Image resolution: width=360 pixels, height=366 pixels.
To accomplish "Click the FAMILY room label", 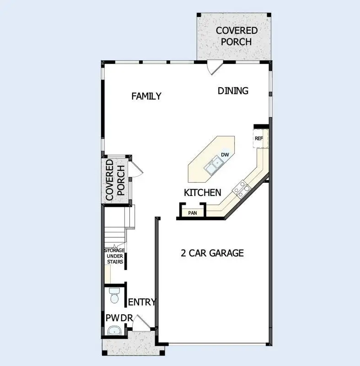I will tap(146, 96).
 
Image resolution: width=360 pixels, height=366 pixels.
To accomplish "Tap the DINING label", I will tap(233, 90).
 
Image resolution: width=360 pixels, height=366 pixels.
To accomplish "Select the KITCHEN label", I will tap(203, 193).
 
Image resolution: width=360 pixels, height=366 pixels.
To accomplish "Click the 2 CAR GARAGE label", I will tap(212, 253).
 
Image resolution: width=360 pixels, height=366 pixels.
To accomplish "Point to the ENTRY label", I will tap(142, 302).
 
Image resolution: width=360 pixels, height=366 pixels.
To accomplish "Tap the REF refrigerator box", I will tap(259, 138).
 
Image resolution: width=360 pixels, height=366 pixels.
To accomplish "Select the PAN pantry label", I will tap(192, 212).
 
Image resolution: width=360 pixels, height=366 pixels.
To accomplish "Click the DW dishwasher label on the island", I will tap(225, 155).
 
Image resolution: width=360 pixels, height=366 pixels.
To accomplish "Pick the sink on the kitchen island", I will tap(213, 166).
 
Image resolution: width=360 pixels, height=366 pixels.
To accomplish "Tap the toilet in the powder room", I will tap(114, 296).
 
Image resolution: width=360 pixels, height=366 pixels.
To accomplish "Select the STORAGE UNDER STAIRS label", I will tap(114, 256).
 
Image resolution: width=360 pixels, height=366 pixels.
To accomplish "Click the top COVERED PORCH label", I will tap(236, 36).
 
